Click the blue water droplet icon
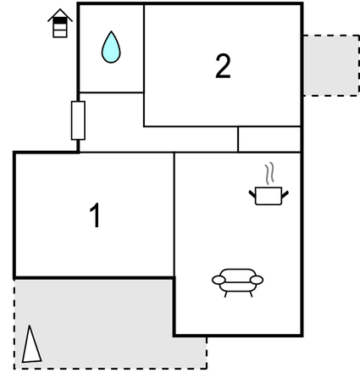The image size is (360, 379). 111,47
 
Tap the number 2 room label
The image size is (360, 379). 223,66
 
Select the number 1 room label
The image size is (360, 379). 95,215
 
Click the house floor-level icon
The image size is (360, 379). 60,23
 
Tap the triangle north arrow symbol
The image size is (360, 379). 31,344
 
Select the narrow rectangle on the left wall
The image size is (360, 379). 78,120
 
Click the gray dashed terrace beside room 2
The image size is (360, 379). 331,65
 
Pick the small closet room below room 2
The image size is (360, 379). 269,139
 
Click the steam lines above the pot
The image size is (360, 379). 269,173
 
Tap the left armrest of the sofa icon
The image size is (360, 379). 219,280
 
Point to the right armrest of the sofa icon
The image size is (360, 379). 257,280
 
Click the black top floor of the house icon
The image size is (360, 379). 60,20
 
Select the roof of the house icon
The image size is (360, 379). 60,14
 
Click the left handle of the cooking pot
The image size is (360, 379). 252,194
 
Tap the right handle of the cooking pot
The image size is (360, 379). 285,194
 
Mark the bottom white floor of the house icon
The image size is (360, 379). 60,34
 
